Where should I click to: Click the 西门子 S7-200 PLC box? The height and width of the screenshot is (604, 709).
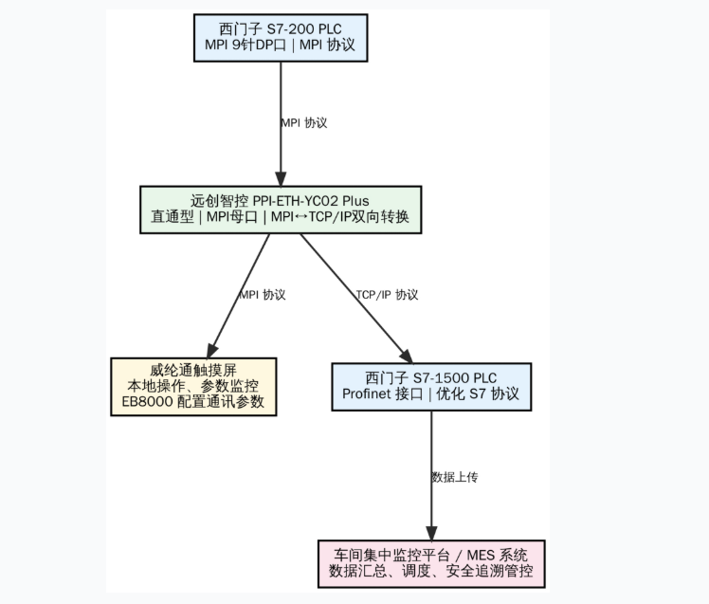coord(281,37)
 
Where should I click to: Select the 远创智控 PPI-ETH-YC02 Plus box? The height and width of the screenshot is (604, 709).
coord(280,209)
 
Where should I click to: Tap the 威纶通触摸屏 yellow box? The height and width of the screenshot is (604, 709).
coord(193,386)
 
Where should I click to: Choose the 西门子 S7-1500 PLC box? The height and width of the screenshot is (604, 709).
coord(430,386)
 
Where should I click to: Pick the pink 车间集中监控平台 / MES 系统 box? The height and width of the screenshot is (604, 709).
coord(430,563)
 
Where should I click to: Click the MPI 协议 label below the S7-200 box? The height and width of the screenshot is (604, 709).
coord(304,123)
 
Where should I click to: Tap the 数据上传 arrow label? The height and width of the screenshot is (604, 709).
coord(454,477)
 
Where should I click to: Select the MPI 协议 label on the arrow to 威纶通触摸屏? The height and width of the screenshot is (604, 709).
coord(263,295)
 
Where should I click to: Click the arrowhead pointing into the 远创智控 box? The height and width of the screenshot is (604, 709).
coord(281,179)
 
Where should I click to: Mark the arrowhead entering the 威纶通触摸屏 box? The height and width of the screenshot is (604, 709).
coord(212,351)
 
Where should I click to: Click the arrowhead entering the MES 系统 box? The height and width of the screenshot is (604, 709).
coord(431,534)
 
